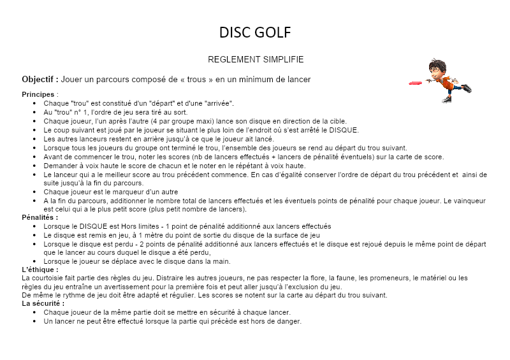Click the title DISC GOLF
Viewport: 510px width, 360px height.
click(x=255, y=32)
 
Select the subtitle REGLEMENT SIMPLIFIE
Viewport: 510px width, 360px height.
click(x=255, y=59)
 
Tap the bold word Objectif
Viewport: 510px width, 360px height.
click(x=40, y=80)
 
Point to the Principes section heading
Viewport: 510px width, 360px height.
click(x=38, y=94)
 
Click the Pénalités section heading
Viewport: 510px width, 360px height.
click(x=40, y=217)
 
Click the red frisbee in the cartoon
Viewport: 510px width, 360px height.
click(x=415, y=83)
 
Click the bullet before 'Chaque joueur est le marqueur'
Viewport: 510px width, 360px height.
click(x=34, y=192)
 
